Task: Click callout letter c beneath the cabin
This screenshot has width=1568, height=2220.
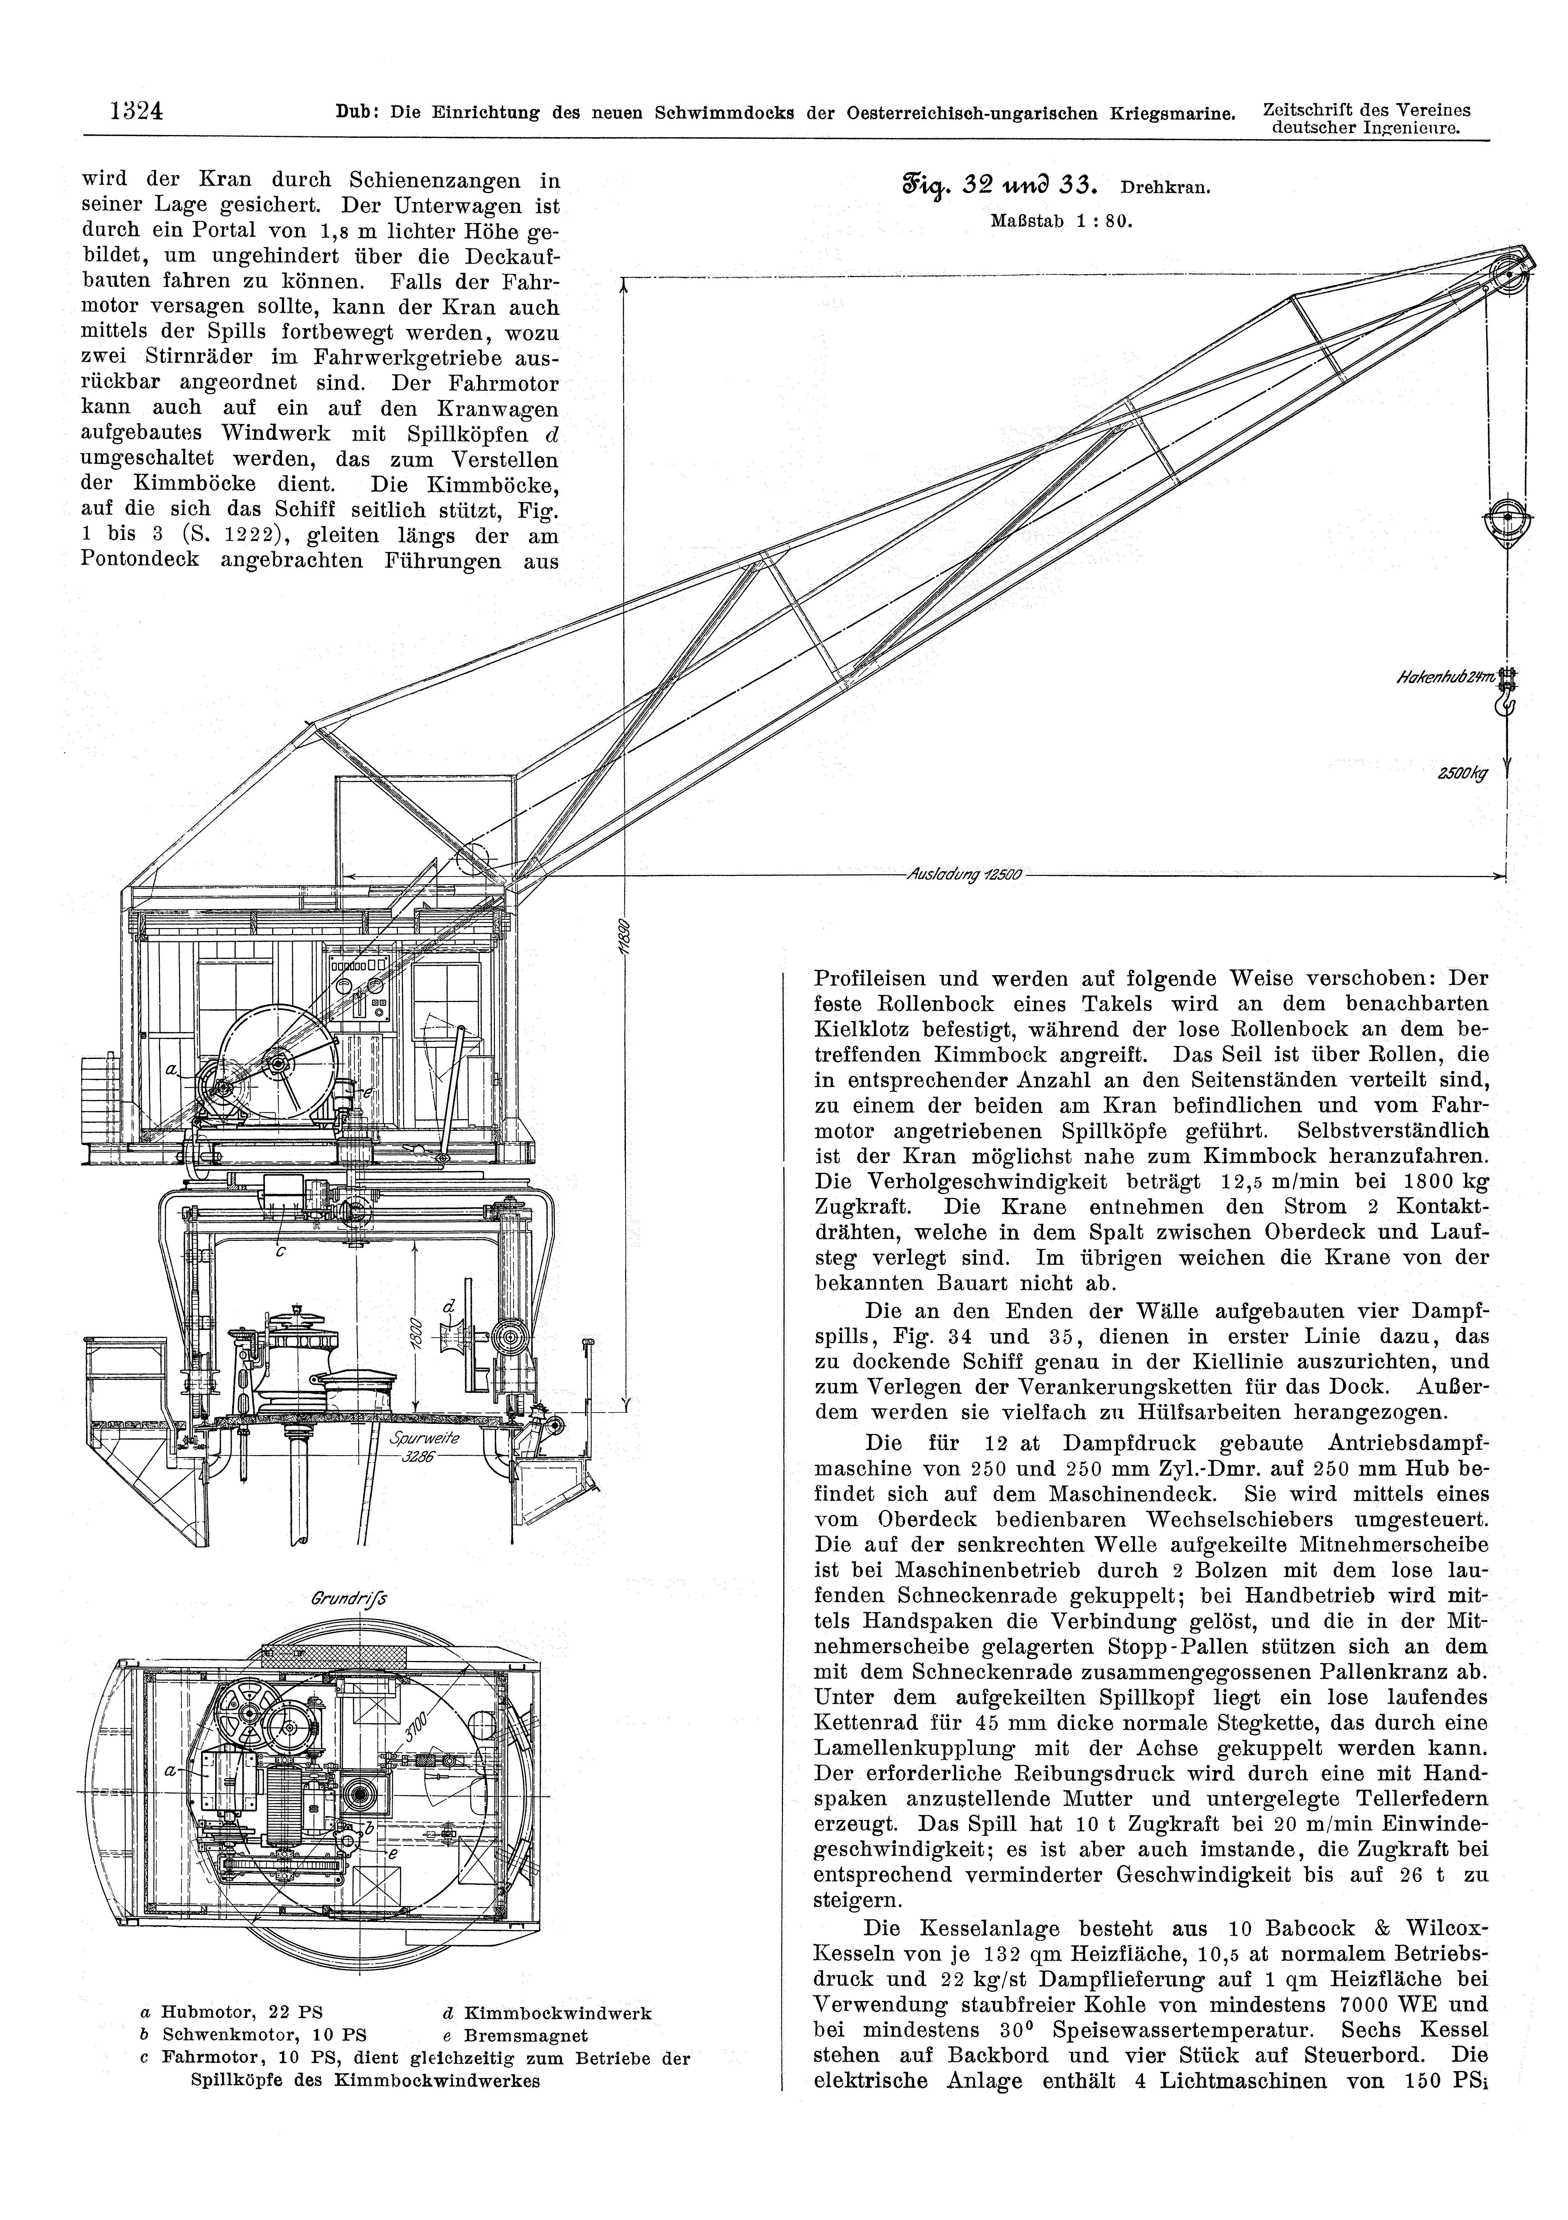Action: [x=280, y=1253]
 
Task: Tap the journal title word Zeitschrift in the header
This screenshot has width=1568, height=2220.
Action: [x=1308, y=109]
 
